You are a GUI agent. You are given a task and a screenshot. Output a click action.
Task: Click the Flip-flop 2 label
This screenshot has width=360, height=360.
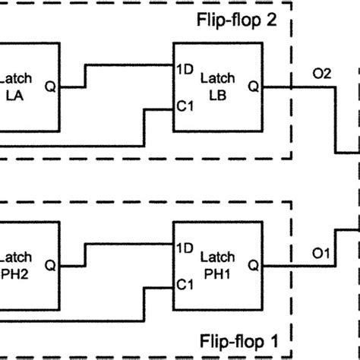237,20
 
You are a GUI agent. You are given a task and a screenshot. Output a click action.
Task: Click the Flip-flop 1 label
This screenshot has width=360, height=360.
238,341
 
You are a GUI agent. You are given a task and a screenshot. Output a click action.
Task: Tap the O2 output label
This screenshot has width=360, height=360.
322,74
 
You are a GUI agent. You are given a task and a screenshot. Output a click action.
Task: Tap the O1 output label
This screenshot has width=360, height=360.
321,253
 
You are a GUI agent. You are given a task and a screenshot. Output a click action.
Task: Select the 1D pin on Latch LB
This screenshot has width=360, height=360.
185,69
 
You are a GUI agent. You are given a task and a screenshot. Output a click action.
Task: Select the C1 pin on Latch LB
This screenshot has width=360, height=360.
185,106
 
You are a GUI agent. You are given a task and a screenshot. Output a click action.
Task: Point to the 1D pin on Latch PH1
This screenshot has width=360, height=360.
185,248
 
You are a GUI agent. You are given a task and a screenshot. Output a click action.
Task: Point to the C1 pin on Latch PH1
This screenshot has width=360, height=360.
185,285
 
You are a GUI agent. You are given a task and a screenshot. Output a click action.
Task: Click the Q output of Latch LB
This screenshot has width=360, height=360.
254,87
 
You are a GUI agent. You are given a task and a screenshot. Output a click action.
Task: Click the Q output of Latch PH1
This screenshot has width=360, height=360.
254,266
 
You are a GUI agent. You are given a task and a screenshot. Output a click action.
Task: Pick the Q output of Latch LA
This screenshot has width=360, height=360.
50,87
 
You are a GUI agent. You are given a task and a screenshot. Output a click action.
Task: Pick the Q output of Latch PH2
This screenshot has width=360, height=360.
50,266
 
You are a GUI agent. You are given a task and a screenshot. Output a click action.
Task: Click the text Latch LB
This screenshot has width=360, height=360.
218,87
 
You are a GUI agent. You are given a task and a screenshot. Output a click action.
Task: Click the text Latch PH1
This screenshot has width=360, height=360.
218,266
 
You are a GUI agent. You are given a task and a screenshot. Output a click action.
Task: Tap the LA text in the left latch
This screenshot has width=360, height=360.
14,96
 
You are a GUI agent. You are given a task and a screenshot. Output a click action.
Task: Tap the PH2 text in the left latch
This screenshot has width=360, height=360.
14,274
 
